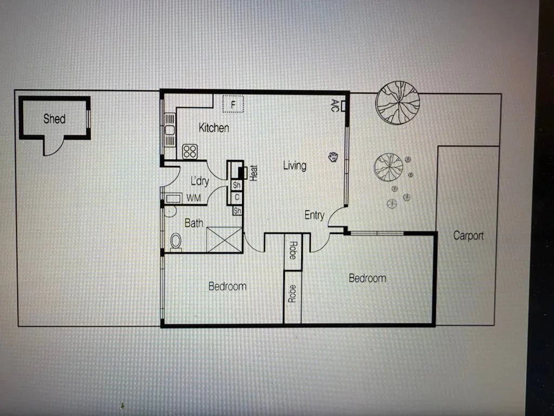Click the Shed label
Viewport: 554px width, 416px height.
click(54, 119)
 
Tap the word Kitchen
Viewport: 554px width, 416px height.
click(214, 128)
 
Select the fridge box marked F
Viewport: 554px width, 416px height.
click(234, 103)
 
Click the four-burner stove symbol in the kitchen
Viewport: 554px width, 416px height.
click(189, 151)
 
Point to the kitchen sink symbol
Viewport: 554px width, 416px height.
click(170, 131)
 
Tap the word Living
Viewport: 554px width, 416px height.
click(294, 166)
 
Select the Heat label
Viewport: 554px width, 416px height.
click(254, 172)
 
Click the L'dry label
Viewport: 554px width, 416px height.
click(200, 181)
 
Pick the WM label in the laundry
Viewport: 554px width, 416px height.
click(194, 198)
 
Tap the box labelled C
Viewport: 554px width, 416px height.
click(237, 197)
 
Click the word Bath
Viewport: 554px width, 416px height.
click(194, 223)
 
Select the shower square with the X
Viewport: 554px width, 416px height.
click(224, 239)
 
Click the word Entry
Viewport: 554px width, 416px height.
click(314, 215)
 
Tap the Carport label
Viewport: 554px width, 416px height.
click(468, 236)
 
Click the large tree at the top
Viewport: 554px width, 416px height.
click(398, 102)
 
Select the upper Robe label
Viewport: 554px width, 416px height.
click(293, 251)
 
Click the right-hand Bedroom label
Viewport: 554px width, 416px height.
click(367, 278)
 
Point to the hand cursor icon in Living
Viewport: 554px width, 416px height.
click(333, 157)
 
